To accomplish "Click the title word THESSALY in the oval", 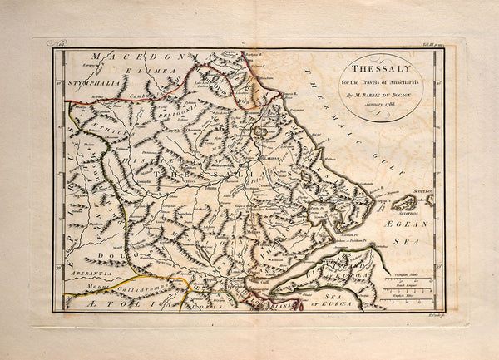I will click(380, 71).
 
